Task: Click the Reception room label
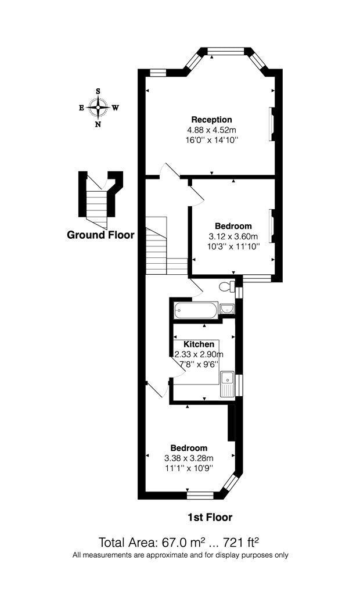pyautogui.click(x=211, y=120)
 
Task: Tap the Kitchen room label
pyautogui.click(x=199, y=345)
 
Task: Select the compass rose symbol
pyautogui.click(x=98, y=107)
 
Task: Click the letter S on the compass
pyautogui.click(x=98, y=91)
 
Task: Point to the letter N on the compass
pyautogui.click(x=98, y=124)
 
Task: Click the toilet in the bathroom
pyautogui.click(x=227, y=287)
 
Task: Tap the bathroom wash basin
pyautogui.click(x=226, y=309)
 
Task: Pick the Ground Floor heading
pyautogui.click(x=100, y=235)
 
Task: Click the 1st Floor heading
pyautogui.click(x=210, y=518)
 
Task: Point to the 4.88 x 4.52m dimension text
pyautogui.click(x=211, y=130)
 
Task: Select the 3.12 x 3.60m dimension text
pyautogui.click(x=233, y=236)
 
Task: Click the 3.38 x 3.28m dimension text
pyautogui.click(x=189, y=458)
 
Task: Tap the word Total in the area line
pyautogui.click(x=112, y=542)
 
